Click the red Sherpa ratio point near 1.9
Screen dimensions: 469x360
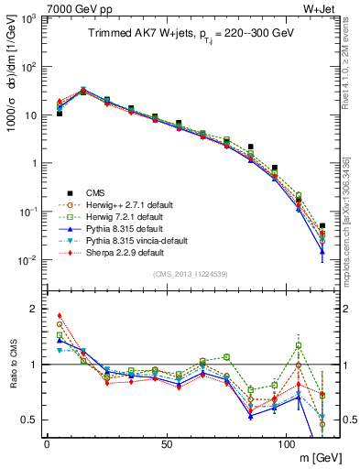tap(60, 315)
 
